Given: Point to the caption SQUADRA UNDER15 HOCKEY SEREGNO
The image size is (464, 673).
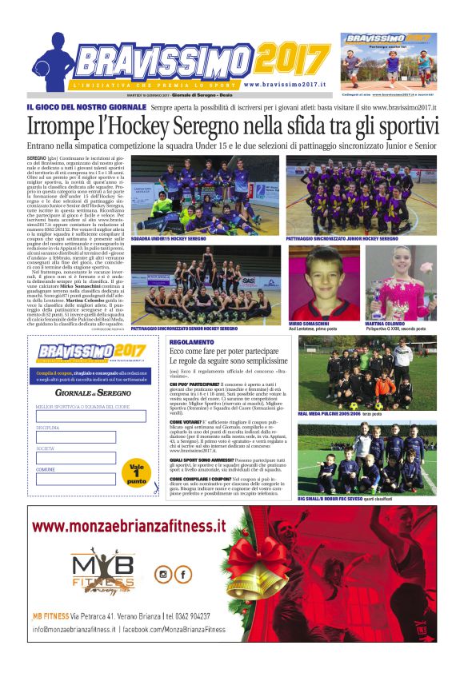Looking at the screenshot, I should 169,238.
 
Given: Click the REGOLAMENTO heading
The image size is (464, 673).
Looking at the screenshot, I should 191,342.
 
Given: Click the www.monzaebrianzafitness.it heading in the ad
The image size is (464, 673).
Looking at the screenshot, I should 129,527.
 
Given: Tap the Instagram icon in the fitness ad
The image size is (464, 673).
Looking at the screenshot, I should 163,574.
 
